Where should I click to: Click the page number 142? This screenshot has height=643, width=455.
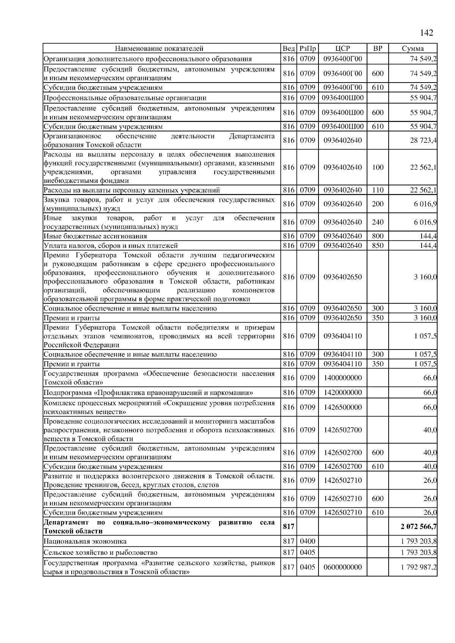click(426, 33)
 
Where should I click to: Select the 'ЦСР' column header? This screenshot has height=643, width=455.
click(342, 48)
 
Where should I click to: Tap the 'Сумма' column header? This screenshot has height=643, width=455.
click(413, 48)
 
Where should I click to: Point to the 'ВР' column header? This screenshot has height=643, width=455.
click(378, 48)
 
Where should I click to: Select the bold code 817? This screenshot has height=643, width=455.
click(289, 527)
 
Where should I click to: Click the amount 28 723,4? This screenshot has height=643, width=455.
click(423, 140)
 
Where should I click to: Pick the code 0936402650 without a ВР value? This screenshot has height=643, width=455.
click(342, 277)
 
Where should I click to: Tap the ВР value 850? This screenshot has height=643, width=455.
click(378, 245)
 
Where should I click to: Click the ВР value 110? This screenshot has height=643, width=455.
click(378, 190)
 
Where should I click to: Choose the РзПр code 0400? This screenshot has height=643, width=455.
click(308, 542)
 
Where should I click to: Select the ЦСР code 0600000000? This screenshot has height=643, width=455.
click(342, 567)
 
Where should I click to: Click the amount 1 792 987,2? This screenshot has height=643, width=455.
click(419, 567)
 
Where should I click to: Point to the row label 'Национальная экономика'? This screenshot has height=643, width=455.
click(85, 542)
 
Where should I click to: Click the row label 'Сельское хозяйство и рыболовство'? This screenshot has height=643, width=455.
click(100, 552)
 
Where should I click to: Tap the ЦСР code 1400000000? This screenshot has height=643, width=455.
click(342, 378)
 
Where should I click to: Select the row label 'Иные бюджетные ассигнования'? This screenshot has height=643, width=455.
click(95, 236)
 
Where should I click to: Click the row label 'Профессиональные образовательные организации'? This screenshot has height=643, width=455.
click(125, 98)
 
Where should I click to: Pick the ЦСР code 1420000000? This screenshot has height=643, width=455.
click(342, 392)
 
